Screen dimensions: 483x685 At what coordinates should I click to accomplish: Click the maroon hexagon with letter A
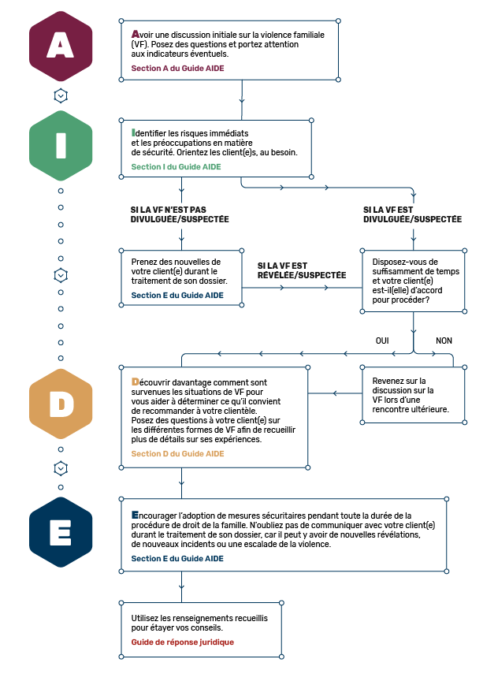tap(61, 47)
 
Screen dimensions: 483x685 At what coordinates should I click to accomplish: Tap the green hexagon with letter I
tap(61, 146)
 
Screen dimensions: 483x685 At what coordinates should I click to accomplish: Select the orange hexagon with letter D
tap(61, 404)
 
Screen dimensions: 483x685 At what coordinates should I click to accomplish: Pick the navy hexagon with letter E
tap(61, 532)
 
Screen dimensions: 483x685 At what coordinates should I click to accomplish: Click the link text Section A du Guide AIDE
tap(178, 68)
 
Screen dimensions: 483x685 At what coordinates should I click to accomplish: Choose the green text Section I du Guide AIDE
tap(176, 167)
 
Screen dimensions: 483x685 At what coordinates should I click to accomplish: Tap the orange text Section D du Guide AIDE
tap(178, 454)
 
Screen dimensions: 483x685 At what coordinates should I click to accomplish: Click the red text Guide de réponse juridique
tap(183, 642)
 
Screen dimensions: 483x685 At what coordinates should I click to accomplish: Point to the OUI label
tap(382, 341)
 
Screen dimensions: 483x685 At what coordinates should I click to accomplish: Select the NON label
tap(444, 341)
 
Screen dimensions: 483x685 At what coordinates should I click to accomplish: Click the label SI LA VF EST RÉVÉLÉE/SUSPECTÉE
tap(302, 270)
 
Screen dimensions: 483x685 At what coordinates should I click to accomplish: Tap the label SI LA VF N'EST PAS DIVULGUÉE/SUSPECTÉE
tap(180, 214)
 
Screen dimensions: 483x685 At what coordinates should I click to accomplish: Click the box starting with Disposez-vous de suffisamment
tap(413, 281)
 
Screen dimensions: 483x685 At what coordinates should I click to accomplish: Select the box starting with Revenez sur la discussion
tap(413, 395)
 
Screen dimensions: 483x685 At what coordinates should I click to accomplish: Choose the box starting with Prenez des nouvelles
tap(181, 277)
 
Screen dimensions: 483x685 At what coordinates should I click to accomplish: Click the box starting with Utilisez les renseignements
tap(202, 630)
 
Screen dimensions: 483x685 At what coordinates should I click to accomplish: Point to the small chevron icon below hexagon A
tap(61, 95)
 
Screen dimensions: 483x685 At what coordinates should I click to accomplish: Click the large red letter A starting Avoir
tap(136, 34)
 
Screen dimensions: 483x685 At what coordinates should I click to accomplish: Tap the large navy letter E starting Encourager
tap(135, 515)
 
